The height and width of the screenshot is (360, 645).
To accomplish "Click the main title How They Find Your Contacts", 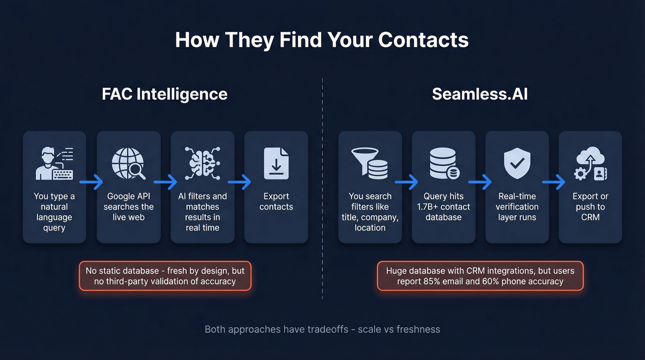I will pyautogui.click(x=322, y=40).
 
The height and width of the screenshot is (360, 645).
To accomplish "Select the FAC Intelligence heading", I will pyautogui.click(x=164, y=94).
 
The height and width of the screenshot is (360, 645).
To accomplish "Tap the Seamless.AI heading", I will pyautogui.click(x=480, y=94).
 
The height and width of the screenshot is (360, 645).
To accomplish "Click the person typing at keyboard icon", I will pyautogui.click(x=54, y=163).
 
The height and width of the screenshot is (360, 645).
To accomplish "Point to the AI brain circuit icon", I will pyautogui.click(x=202, y=163).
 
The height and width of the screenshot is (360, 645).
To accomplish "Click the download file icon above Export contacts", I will pyautogui.click(x=276, y=163).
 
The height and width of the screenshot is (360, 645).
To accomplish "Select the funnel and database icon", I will pyautogui.click(x=369, y=163).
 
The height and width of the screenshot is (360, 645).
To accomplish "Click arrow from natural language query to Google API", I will pyautogui.click(x=91, y=182).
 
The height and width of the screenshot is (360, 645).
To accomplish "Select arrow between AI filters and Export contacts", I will pyautogui.click(x=239, y=182).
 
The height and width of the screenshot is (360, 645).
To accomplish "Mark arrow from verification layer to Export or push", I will pyautogui.click(x=553, y=182).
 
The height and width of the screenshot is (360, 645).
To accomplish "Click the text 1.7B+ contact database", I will pyautogui.click(x=444, y=212).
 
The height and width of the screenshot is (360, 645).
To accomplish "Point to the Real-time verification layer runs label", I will pyautogui.click(x=517, y=207).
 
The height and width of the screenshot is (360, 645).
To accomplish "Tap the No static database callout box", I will pyautogui.click(x=165, y=276).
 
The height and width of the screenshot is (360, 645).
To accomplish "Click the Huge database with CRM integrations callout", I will pyautogui.click(x=480, y=276).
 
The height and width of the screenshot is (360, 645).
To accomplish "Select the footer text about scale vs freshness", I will pyautogui.click(x=322, y=330).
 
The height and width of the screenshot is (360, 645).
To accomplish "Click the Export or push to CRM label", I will pyautogui.click(x=590, y=207).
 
